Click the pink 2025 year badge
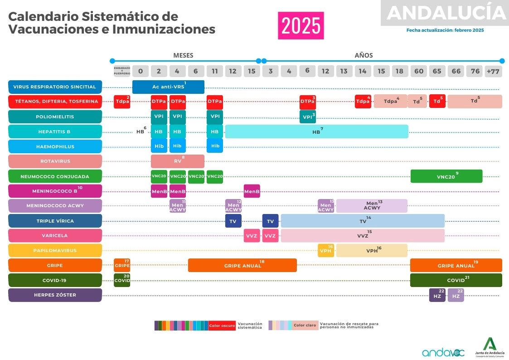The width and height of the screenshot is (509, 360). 301,26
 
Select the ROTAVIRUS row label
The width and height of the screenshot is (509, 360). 55,161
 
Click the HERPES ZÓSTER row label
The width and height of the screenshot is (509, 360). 55,295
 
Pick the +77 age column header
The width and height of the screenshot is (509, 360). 493,71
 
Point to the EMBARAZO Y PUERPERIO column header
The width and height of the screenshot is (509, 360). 122,71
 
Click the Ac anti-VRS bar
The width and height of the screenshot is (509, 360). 168,87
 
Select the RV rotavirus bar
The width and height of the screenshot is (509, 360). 177,161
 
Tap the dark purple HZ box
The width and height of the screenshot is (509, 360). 437,295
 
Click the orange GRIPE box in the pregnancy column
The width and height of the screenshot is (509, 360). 122,265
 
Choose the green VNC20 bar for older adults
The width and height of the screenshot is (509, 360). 446,176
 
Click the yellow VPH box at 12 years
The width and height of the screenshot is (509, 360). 326,250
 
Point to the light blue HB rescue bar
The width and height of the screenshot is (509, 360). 316,131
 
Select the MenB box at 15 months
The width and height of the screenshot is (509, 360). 252,191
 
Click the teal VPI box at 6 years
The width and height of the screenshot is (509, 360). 307,117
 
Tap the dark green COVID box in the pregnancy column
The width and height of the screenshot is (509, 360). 122,280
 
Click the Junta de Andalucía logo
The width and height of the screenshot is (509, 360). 490,347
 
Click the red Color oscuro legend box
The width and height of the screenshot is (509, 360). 222,326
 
